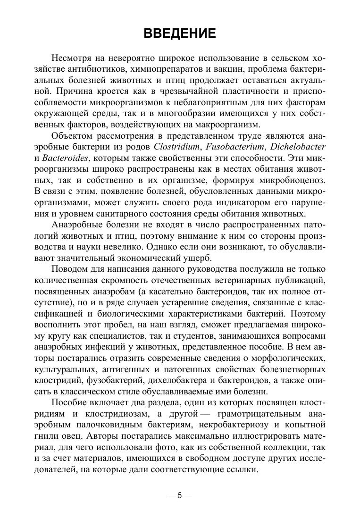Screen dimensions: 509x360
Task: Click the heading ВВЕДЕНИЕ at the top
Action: [x=179, y=33]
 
